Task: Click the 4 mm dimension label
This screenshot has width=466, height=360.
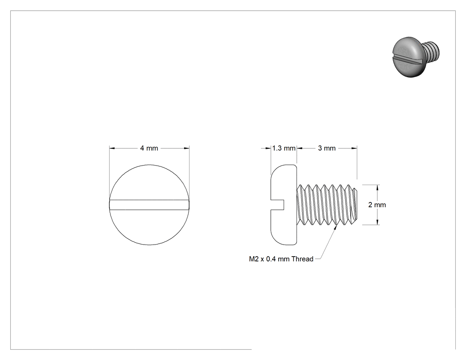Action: tap(149, 148)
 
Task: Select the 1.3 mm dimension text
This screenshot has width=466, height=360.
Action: tap(284, 148)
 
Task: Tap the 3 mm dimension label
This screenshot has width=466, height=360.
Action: tap(327, 148)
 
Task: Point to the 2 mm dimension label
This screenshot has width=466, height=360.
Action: tap(377, 205)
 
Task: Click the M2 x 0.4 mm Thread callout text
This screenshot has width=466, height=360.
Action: tap(281, 259)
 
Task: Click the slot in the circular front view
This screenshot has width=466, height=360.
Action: tap(149, 205)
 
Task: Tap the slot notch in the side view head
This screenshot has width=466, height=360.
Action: tap(277, 205)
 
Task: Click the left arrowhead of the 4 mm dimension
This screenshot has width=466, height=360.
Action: tap(112, 148)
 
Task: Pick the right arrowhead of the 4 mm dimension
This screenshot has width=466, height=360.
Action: tap(187, 148)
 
